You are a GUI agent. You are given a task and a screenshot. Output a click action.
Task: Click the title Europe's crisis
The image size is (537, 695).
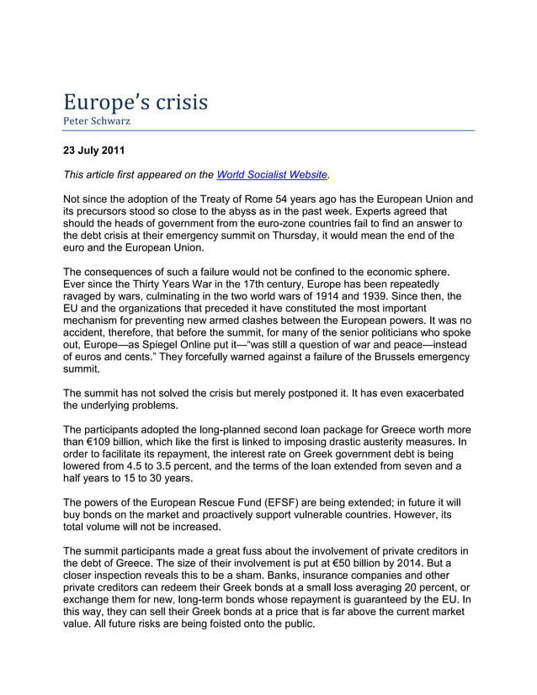click(135, 103)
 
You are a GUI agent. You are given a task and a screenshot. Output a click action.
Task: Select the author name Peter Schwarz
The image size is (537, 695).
click(95, 122)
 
